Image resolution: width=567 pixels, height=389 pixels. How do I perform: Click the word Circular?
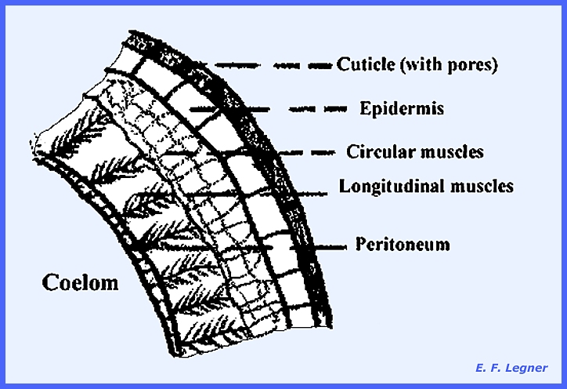[x=374, y=151]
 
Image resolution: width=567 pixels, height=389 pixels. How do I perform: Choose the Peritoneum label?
[x=403, y=244]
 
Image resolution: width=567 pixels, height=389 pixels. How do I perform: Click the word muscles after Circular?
[x=456, y=151]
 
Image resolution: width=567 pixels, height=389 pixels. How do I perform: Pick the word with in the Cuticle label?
[x=424, y=65]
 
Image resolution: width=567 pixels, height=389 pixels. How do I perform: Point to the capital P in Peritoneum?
[x=361, y=244]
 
